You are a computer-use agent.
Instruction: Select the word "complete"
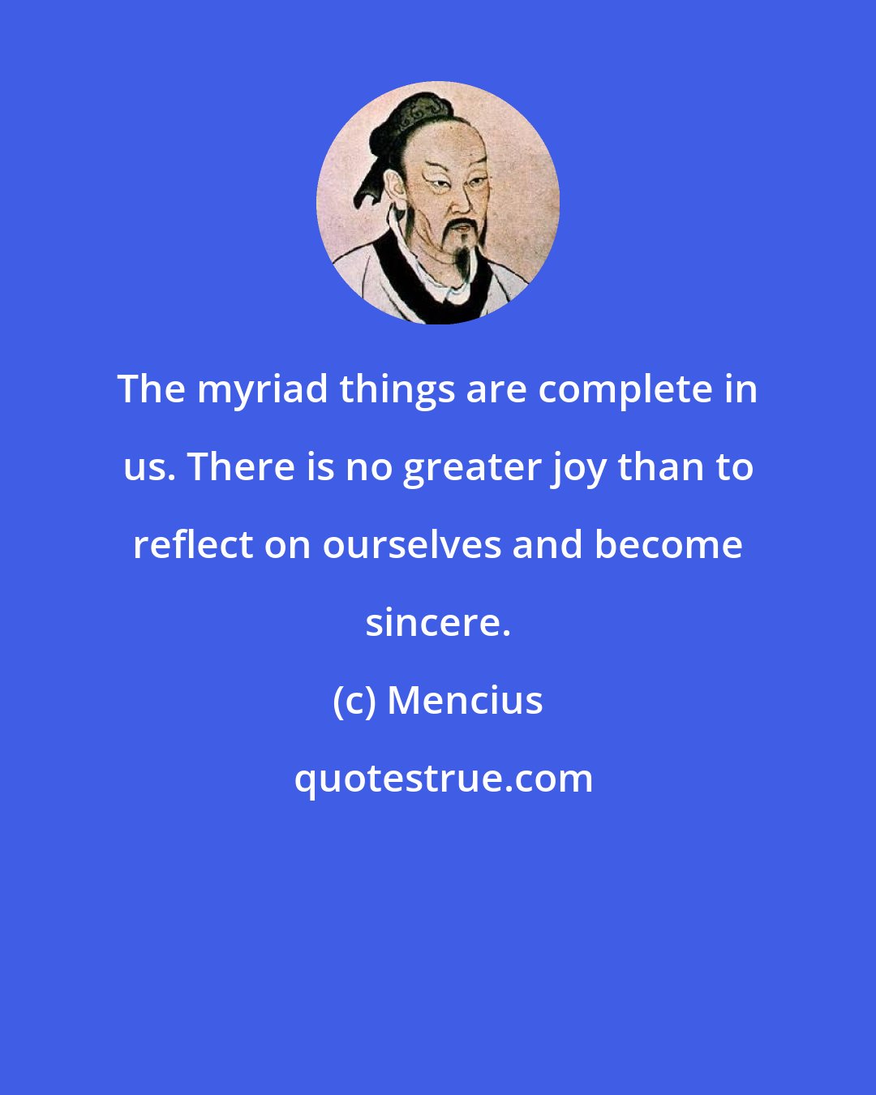tap(628, 390)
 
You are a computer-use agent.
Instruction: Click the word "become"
tap(668, 545)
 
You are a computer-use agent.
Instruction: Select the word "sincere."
tap(438, 623)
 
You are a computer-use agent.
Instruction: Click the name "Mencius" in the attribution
tap(465, 701)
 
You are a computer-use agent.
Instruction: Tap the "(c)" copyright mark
tap(354, 701)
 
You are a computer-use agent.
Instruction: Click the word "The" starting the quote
tap(151, 390)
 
